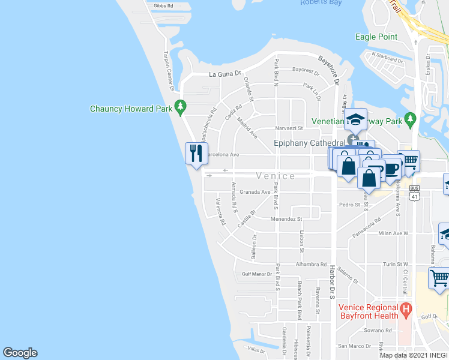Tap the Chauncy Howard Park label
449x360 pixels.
tap(131, 109)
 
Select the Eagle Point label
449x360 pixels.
tap(376, 37)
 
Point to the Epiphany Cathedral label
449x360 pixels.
tap(309, 143)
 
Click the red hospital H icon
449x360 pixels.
tap(406, 310)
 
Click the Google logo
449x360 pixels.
tap(20, 353)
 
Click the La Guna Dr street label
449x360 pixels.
tap(224, 74)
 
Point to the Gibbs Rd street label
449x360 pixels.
tap(163, 6)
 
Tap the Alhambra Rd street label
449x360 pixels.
tap(310, 264)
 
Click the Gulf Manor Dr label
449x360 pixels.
tap(258, 274)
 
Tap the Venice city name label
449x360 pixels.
tap(275, 176)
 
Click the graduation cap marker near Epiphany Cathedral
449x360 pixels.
tap(355, 119)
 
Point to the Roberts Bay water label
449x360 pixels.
tap(322, 3)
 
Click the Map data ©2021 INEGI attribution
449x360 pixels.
tap(418, 355)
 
